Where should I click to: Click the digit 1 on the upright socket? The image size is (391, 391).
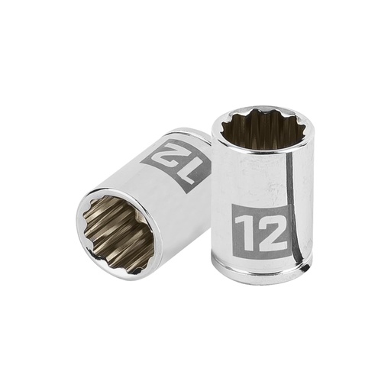245,229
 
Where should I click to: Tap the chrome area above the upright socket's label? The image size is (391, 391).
252,179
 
